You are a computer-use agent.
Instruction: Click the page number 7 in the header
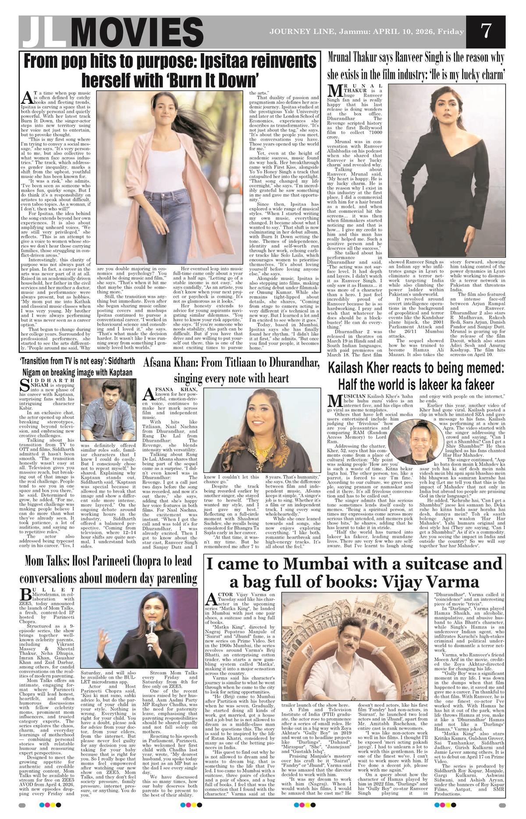485,32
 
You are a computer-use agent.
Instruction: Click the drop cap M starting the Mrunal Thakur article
334,91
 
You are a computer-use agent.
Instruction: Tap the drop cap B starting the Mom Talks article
25,594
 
